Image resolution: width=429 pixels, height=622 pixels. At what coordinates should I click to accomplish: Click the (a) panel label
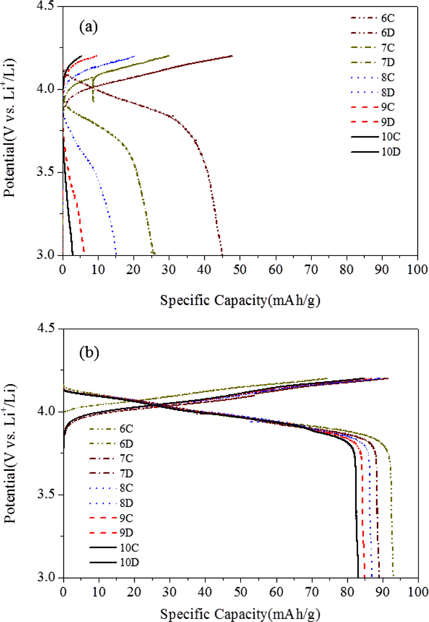[88, 27]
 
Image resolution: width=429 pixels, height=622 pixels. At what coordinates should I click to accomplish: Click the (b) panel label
[89, 353]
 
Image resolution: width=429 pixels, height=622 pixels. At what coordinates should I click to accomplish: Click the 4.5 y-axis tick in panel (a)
[47, 6]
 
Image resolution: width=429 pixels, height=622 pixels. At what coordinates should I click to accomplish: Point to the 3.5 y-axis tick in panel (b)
[47, 494]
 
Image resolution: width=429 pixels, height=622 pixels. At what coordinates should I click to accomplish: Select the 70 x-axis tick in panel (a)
[311, 270]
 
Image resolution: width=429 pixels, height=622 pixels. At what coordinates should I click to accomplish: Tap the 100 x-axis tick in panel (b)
[417, 592]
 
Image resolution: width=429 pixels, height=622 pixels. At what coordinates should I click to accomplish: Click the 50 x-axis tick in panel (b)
[240, 592]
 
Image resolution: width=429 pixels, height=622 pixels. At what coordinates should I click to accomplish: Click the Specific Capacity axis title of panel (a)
[240, 300]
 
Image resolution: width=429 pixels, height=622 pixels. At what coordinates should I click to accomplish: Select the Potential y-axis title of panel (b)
[10, 453]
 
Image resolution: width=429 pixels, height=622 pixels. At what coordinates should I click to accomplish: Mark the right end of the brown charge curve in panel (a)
[232, 56]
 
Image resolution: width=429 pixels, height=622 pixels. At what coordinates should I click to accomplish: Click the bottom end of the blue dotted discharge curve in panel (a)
[116, 254]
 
